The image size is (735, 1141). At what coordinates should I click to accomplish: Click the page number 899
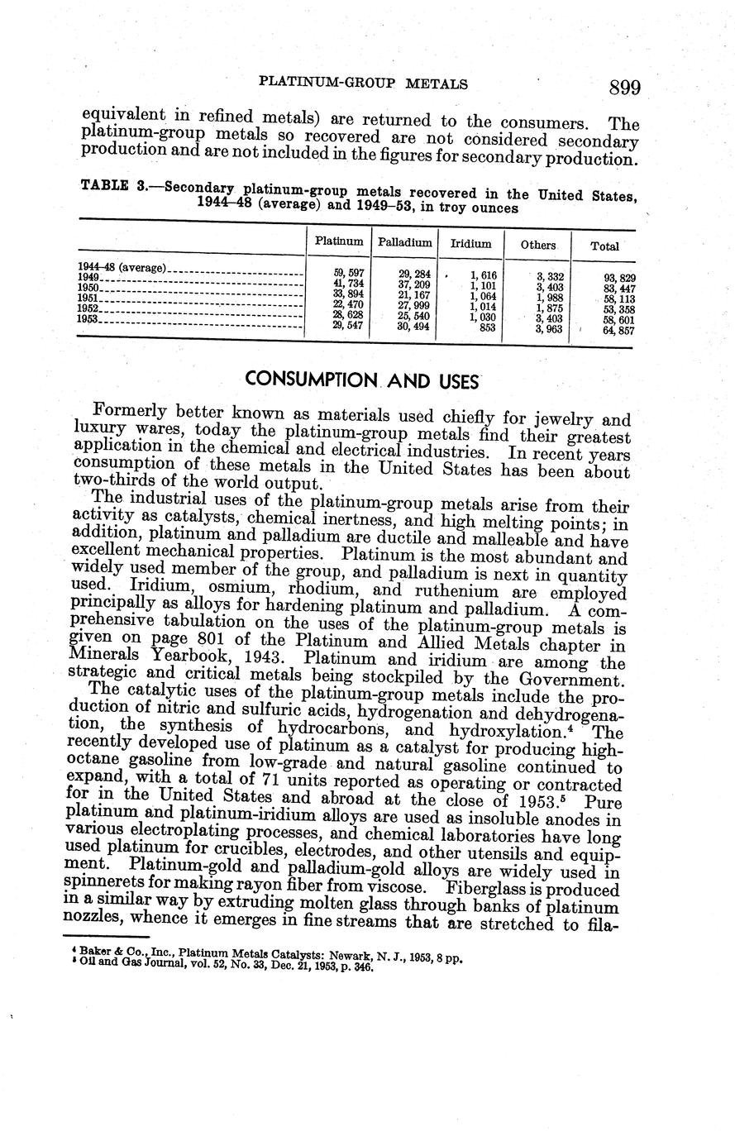(x=624, y=87)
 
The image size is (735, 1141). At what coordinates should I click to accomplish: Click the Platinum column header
(x=339, y=241)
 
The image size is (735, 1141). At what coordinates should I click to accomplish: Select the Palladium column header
(x=405, y=242)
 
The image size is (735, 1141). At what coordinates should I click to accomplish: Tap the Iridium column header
(x=470, y=244)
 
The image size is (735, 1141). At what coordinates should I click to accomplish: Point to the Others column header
(x=538, y=245)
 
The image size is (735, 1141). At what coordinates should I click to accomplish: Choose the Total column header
(x=604, y=246)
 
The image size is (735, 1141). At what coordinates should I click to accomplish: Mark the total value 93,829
(x=619, y=278)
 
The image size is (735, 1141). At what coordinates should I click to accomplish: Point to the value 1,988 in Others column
(x=550, y=298)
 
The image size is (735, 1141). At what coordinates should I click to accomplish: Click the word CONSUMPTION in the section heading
(x=308, y=380)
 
